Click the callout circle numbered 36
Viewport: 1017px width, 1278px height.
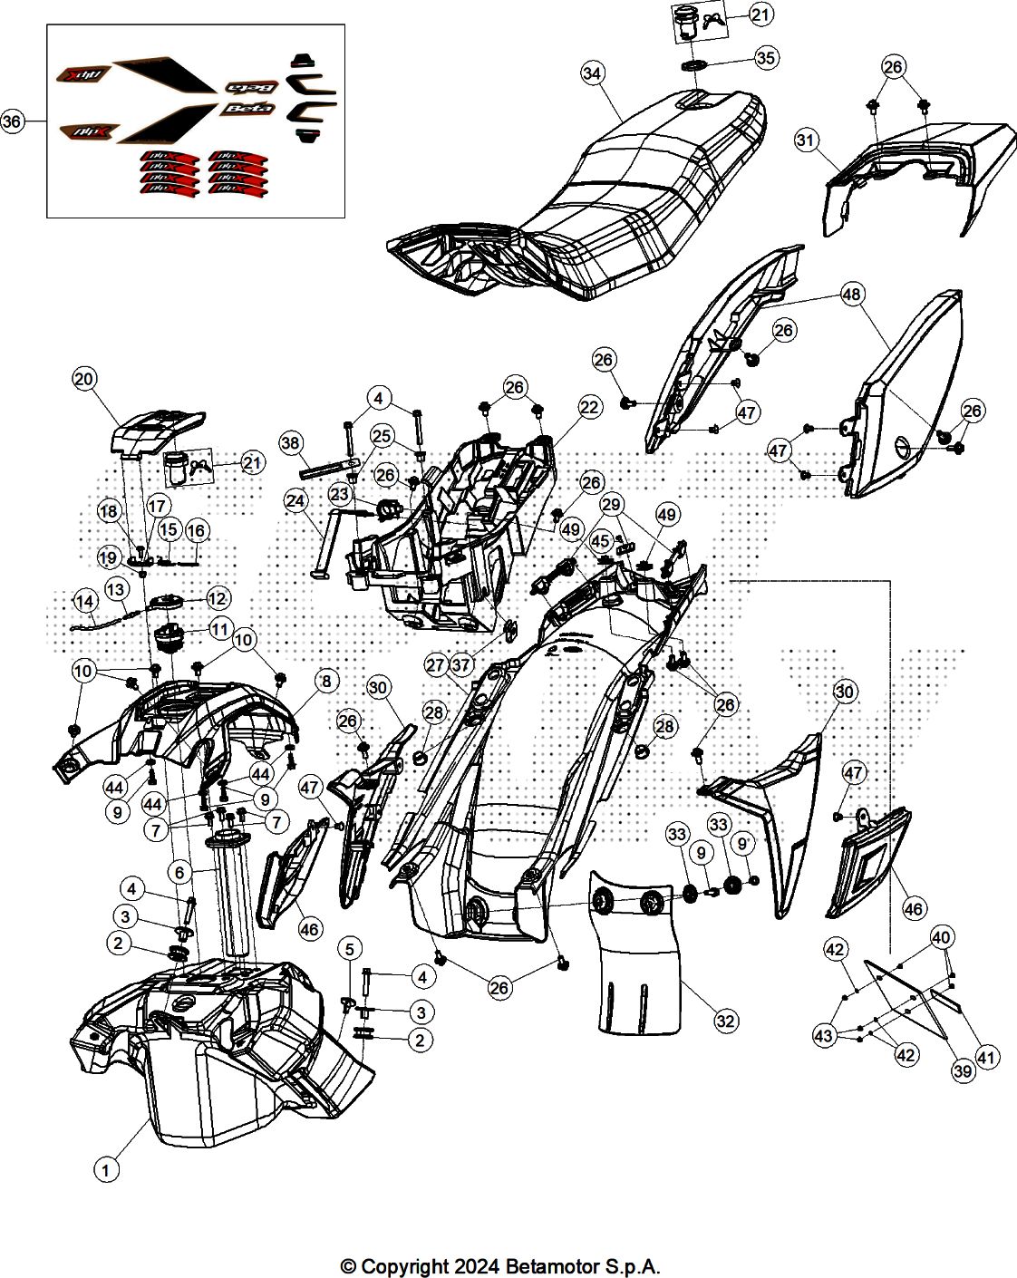[12, 121]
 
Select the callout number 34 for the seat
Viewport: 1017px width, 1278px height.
[593, 73]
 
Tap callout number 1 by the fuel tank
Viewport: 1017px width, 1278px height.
[106, 1170]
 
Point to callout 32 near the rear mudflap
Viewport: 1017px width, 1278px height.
[725, 1021]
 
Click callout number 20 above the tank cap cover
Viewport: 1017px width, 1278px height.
[84, 379]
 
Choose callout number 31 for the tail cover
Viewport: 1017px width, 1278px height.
[806, 140]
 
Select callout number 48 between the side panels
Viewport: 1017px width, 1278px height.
[851, 294]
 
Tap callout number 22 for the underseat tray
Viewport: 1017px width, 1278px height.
[589, 407]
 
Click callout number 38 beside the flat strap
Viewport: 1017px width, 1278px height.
[291, 443]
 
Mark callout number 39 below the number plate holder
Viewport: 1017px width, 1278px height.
[963, 1070]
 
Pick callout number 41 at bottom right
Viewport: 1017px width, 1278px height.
[986, 1057]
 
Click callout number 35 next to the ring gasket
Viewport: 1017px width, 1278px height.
[766, 58]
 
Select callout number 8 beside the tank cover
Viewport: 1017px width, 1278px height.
[326, 680]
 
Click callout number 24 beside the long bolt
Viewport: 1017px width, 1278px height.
[296, 499]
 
